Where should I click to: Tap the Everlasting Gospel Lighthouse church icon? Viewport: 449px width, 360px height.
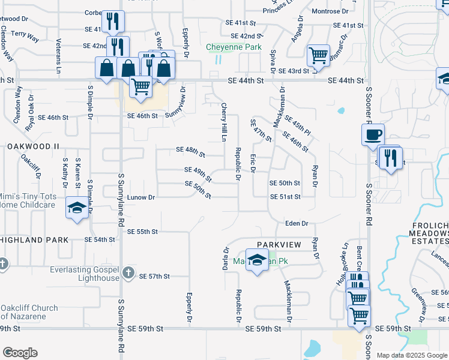(127, 274)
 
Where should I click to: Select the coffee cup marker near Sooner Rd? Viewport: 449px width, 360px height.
(373, 134)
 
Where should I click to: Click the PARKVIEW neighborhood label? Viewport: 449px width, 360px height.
(278, 245)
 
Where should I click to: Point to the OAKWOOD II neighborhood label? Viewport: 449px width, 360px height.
(34, 146)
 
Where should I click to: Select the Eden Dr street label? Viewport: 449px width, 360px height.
(297, 223)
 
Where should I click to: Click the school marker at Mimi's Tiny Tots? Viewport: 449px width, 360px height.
(76, 208)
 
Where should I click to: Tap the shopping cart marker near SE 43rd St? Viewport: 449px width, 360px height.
(318, 56)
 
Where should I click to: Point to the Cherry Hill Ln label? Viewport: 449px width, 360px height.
(224, 121)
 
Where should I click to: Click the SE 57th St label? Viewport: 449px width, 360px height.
(155, 277)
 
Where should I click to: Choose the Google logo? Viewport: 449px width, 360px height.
(20, 353)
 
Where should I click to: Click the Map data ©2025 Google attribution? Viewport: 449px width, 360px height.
(412, 355)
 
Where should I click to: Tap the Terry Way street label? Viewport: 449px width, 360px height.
(25, 38)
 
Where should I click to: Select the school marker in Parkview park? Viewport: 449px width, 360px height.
(258, 261)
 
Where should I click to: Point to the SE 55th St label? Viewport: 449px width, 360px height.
(143, 232)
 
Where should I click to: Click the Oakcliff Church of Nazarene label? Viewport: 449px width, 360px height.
(29, 312)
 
